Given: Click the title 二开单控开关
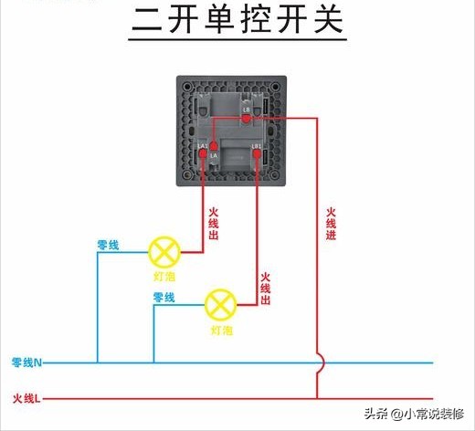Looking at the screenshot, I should (238, 21).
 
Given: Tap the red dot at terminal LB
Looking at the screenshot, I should (246, 117).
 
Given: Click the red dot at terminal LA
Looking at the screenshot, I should (212, 145).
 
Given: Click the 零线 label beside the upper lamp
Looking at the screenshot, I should (108, 245).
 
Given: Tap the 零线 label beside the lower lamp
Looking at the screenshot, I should (164, 298).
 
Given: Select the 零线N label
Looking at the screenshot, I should (27, 363).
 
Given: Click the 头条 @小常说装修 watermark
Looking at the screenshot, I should (416, 414).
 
